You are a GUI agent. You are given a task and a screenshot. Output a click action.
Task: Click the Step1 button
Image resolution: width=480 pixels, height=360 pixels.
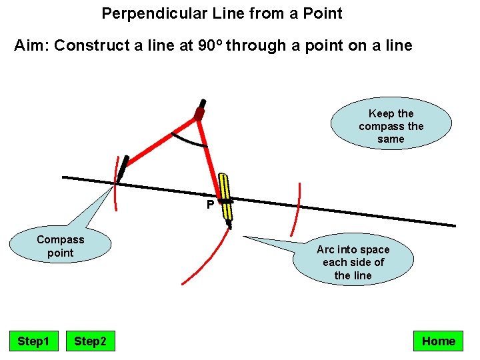pos(33,341)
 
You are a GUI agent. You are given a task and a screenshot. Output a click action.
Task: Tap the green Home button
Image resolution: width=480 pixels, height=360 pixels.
pos(438,341)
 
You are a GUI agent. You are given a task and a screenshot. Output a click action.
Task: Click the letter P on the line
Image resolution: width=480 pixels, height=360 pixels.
pos(209,205)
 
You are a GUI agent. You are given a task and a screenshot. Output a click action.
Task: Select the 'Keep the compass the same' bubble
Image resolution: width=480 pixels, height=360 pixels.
pos(391,126)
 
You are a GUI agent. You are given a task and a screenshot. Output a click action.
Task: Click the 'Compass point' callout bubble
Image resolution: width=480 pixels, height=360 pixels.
pos(61,246)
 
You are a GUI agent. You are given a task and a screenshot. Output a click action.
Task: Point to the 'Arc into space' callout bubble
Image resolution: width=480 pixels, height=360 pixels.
pos(353,262)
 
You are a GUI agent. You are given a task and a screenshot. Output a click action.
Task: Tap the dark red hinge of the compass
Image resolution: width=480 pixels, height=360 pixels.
pos(199,114)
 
